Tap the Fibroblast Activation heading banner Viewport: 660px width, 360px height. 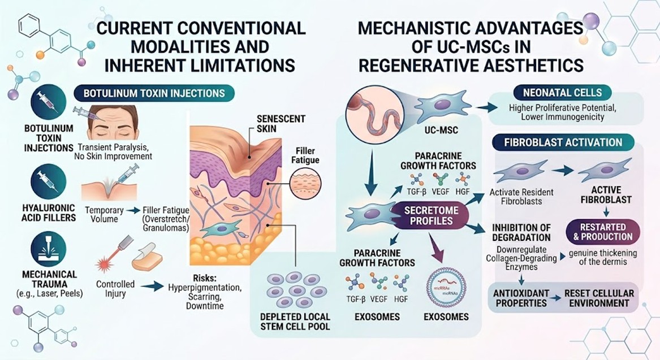(563, 142)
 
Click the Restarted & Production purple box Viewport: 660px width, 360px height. (602, 232)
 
